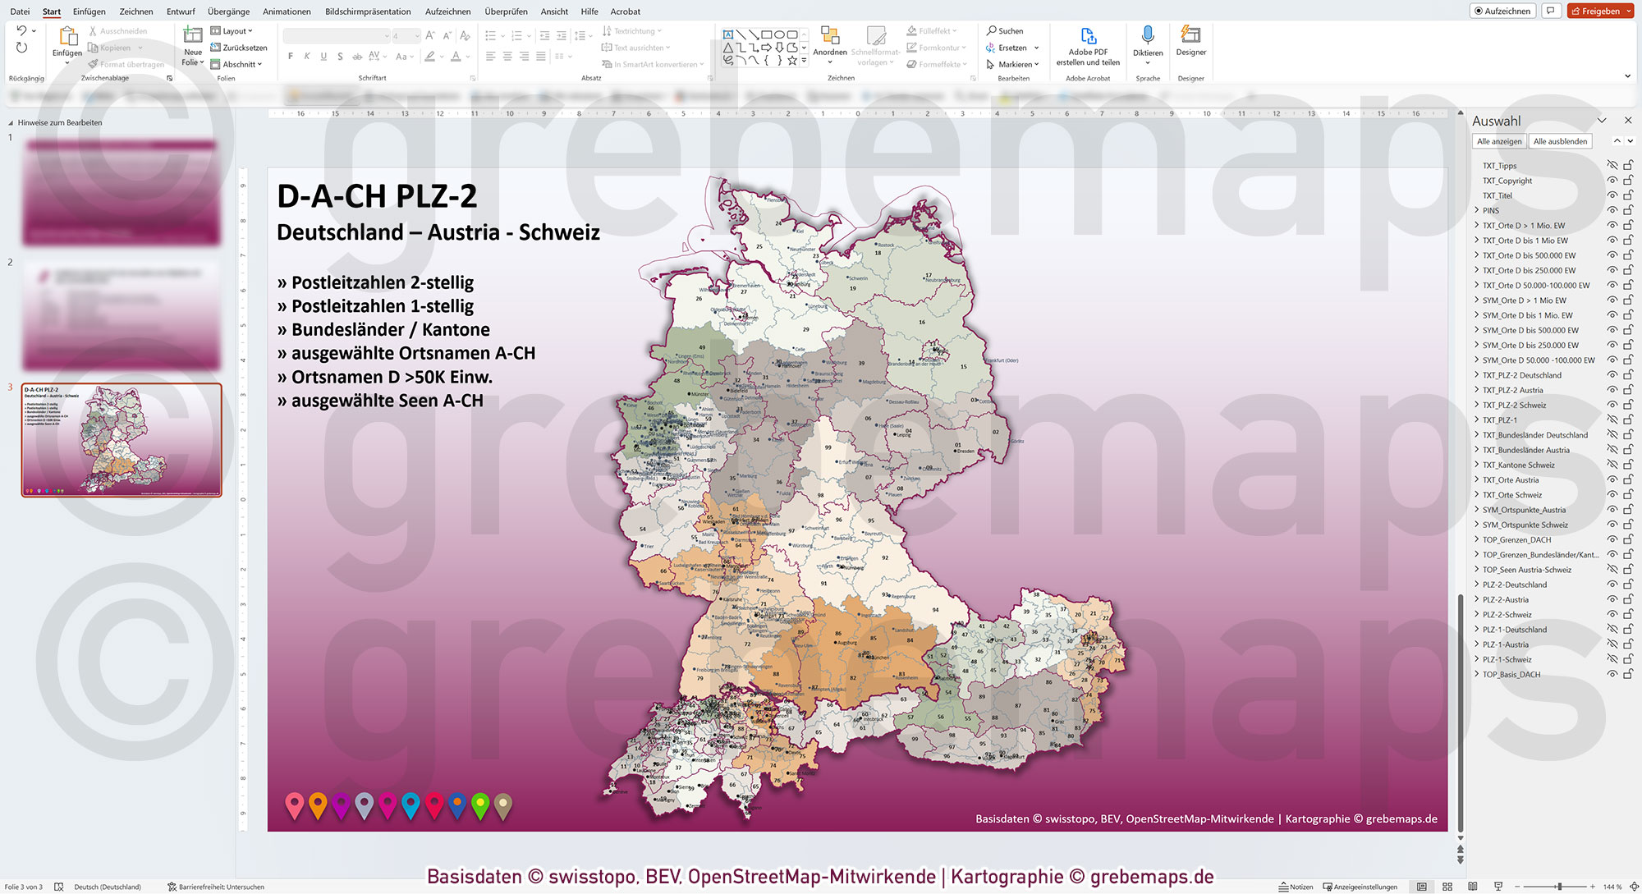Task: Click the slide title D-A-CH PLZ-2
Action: pyautogui.click(x=377, y=196)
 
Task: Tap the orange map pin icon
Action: pyautogui.click(x=318, y=805)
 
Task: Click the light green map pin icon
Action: pyautogui.click(x=480, y=805)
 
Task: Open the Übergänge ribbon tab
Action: pyautogui.click(x=228, y=11)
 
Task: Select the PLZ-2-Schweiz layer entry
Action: pyautogui.click(x=1507, y=615)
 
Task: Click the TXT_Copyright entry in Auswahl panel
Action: pyautogui.click(x=1507, y=181)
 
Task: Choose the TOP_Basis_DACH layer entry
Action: pyautogui.click(x=1511, y=675)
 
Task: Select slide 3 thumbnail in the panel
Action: pyautogui.click(x=122, y=439)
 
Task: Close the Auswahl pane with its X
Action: pyautogui.click(x=1628, y=121)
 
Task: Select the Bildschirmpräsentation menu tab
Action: pyautogui.click(x=368, y=11)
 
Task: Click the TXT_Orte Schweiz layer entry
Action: pyautogui.click(x=1511, y=495)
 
